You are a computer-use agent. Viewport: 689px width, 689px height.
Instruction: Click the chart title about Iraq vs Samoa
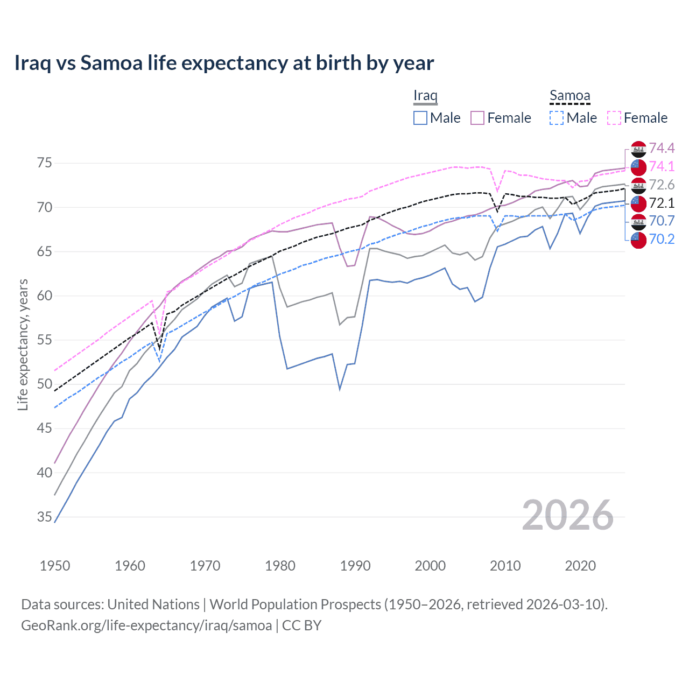pos(224,63)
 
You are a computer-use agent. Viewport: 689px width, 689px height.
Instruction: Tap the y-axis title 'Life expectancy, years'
pos(23,344)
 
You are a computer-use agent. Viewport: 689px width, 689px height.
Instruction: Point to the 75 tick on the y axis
pos(44,163)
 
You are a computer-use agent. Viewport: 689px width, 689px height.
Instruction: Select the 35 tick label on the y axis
pos(44,517)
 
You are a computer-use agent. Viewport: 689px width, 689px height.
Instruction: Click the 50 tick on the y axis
pos(44,384)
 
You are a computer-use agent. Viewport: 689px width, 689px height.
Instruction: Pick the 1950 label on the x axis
pos(55,566)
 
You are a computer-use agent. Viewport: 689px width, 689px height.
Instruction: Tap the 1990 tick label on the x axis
pos(355,566)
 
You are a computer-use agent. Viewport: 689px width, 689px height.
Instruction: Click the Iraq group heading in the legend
pos(425,96)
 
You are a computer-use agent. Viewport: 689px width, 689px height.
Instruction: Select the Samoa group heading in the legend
pos(570,96)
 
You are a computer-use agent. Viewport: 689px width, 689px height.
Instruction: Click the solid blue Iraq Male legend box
pos(420,118)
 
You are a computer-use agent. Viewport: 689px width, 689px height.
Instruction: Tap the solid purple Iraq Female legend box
pos(477,118)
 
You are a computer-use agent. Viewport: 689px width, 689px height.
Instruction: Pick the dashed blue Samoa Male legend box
pos(557,118)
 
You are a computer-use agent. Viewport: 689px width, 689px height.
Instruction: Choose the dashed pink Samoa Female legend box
pos(614,118)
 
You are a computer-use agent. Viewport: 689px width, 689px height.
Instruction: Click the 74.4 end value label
pos(662,148)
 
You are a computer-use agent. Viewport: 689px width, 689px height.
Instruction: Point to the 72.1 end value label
pos(662,203)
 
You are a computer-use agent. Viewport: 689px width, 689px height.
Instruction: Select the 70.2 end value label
pos(662,239)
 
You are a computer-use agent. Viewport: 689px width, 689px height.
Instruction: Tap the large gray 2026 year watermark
pos(568,515)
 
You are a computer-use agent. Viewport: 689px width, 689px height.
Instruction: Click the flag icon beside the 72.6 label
pos(638,185)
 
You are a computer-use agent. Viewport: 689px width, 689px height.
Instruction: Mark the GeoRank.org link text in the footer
pos(146,625)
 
